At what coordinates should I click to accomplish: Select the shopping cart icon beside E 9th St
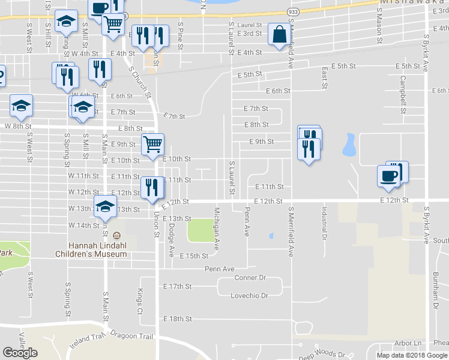pyautogui.click(x=153, y=144)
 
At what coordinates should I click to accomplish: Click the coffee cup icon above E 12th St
pyautogui.click(x=388, y=176)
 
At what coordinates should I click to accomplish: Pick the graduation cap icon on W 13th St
pyautogui.click(x=105, y=207)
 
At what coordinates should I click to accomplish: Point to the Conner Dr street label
pyautogui.click(x=250, y=278)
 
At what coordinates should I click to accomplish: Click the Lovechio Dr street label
pyautogui.click(x=249, y=296)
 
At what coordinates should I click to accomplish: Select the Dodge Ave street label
pyautogui.click(x=171, y=241)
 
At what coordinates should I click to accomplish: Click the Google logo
pyautogui.click(x=20, y=353)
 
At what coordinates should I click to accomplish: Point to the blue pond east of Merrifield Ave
pyautogui.click(x=348, y=145)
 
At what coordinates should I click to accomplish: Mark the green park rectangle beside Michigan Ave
pyautogui.click(x=201, y=231)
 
